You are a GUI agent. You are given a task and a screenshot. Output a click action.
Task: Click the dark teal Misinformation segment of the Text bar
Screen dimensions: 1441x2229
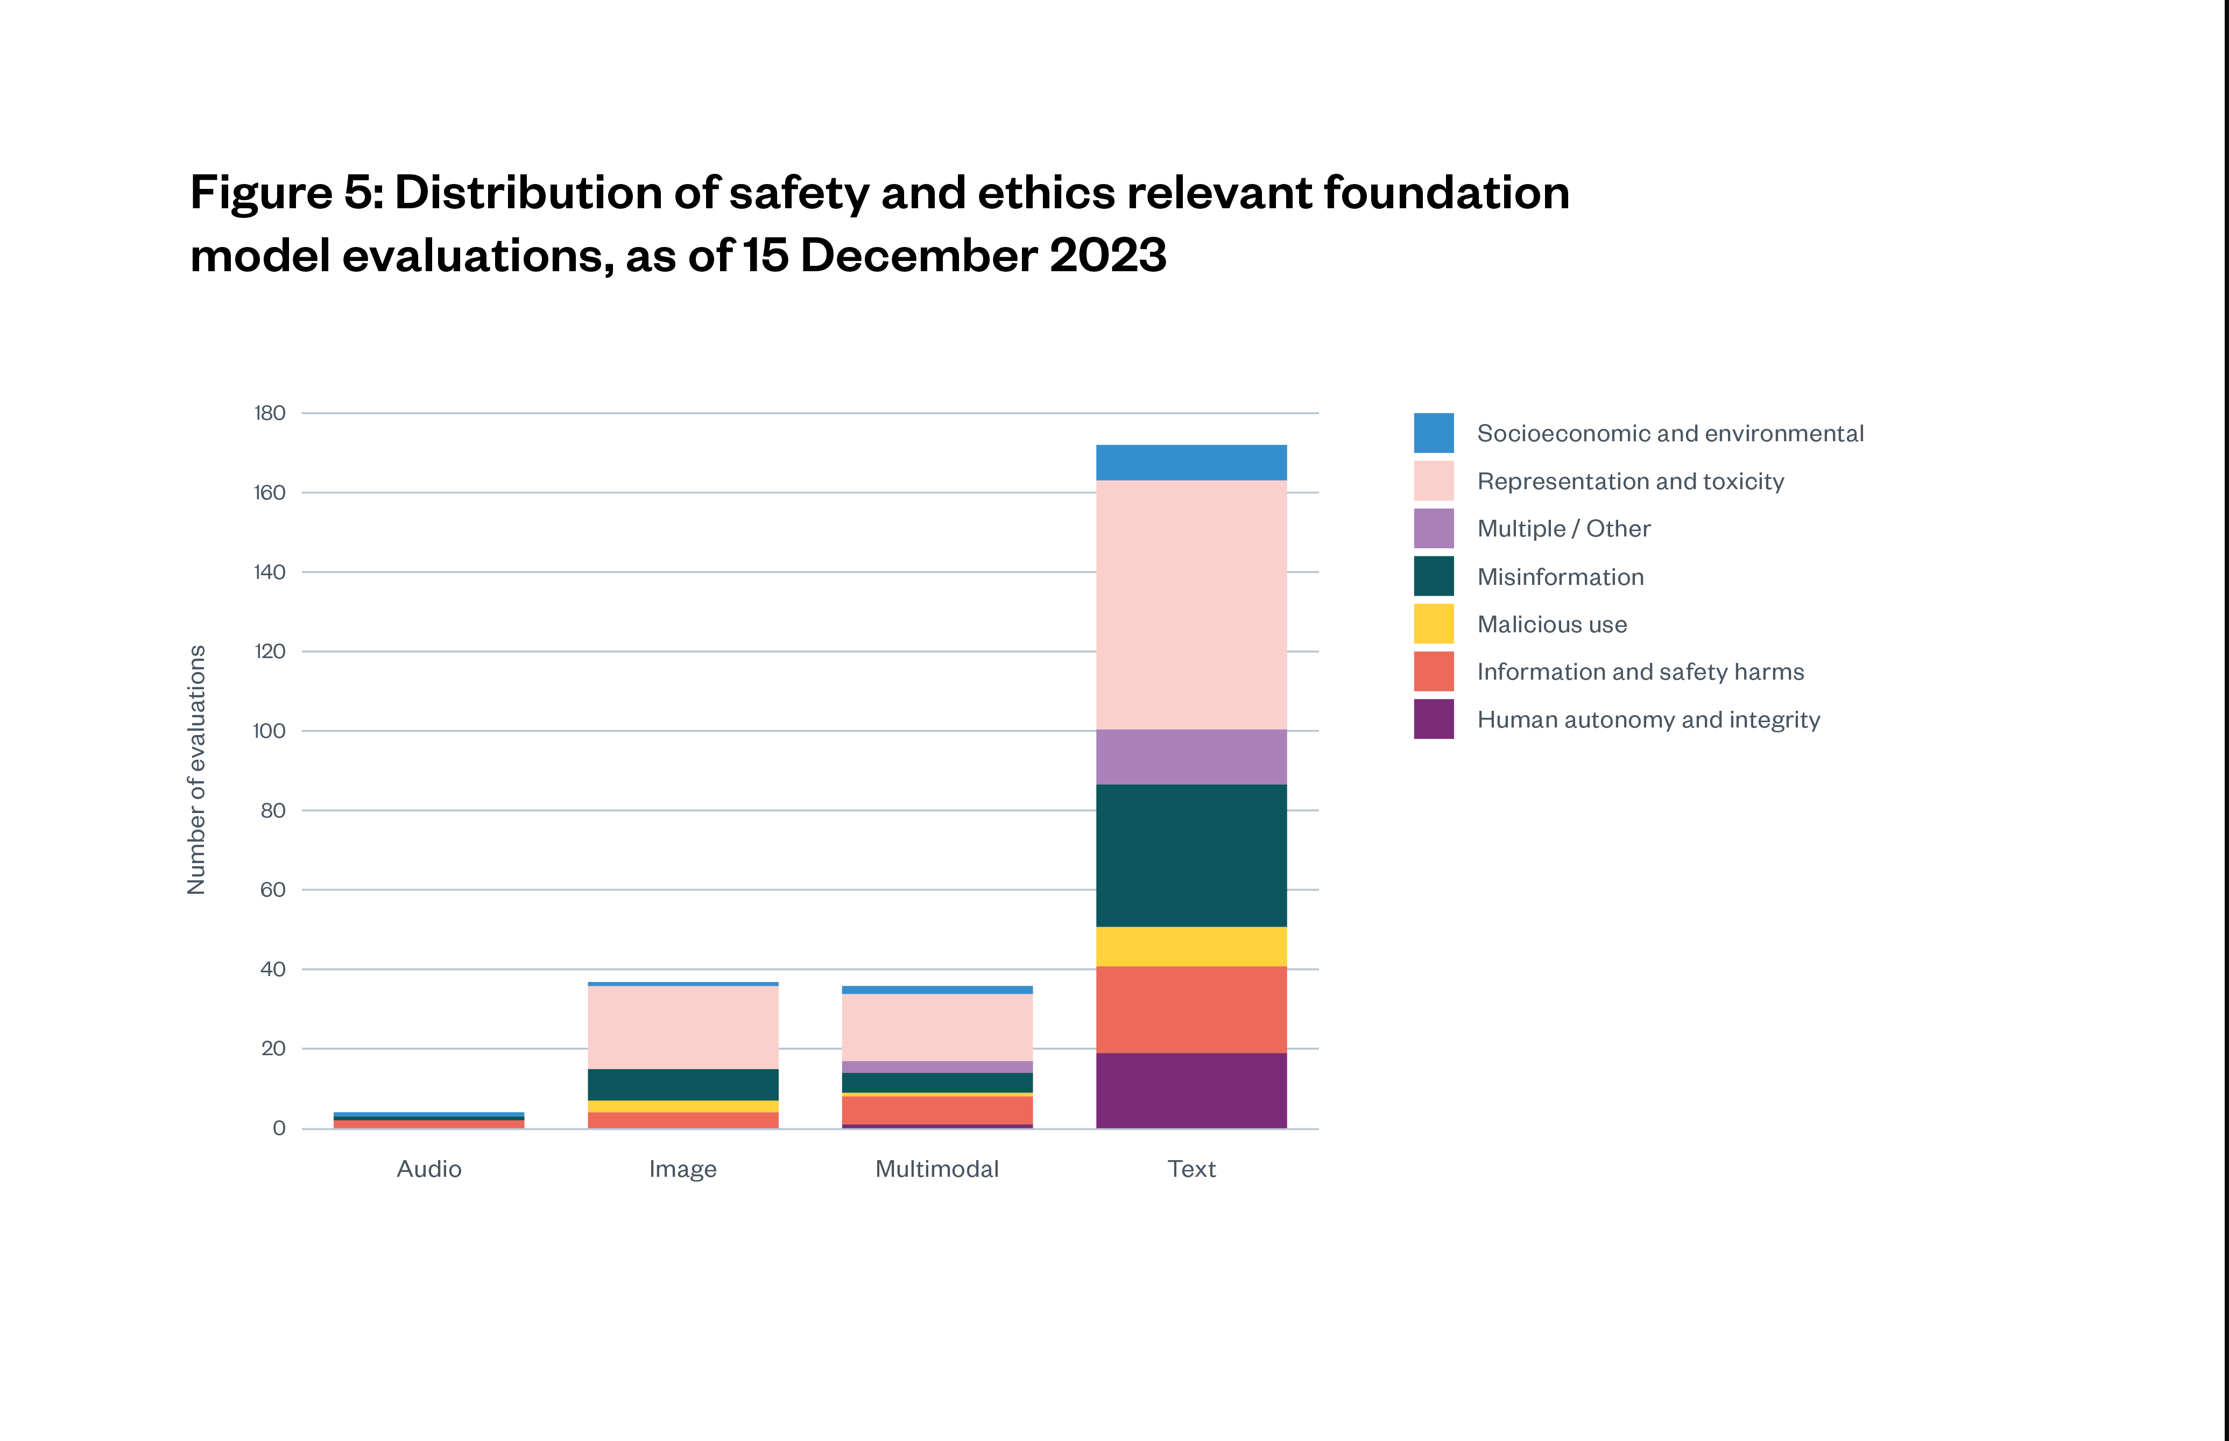1191,855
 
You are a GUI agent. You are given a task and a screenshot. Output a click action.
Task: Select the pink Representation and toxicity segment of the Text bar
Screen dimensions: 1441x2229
1191,604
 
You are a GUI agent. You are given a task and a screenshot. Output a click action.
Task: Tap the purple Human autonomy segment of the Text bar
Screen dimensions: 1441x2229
1191,1090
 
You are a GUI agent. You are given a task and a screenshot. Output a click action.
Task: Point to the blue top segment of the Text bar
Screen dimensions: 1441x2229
1191,462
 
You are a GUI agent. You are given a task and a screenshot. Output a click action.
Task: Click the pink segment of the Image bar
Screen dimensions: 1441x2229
683,1027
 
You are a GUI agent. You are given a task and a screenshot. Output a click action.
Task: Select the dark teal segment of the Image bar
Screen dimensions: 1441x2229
683,1084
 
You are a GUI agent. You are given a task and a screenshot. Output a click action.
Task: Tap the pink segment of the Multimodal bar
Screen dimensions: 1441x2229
937,1027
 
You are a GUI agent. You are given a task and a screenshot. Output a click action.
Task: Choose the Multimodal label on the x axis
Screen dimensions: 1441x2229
937,1169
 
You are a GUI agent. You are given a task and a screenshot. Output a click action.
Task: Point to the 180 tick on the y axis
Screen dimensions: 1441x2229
270,413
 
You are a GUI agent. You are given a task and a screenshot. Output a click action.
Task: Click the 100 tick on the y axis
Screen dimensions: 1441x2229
270,731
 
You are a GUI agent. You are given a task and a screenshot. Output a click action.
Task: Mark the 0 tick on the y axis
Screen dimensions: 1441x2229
279,1128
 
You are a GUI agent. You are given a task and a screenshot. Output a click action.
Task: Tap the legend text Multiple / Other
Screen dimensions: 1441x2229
1564,529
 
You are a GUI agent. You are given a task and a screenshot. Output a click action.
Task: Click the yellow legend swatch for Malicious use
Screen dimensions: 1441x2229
1434,624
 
